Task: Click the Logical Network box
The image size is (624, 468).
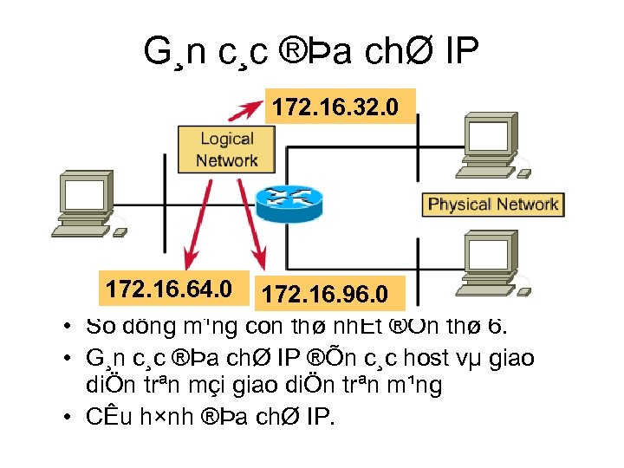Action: point(227,149)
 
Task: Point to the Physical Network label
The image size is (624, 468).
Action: point(492,205)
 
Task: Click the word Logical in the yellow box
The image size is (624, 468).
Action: point(227,139)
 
